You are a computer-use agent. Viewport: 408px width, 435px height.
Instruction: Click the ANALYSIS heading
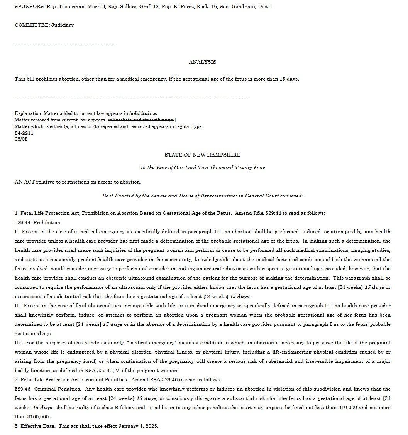[202, 62]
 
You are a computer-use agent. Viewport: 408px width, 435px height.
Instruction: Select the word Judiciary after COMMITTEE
[63, 25]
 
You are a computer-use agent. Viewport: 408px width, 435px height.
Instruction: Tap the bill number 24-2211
[24, 133]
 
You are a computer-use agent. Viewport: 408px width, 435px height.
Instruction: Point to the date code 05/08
[21, 139]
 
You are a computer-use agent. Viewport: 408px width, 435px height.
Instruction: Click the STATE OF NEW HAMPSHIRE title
[202, 155]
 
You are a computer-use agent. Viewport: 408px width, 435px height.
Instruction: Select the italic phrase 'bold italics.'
[143, 113]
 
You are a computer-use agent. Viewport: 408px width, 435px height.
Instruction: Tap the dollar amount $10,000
[347, 408]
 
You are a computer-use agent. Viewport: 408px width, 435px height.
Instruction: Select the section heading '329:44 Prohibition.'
[38, 223]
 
